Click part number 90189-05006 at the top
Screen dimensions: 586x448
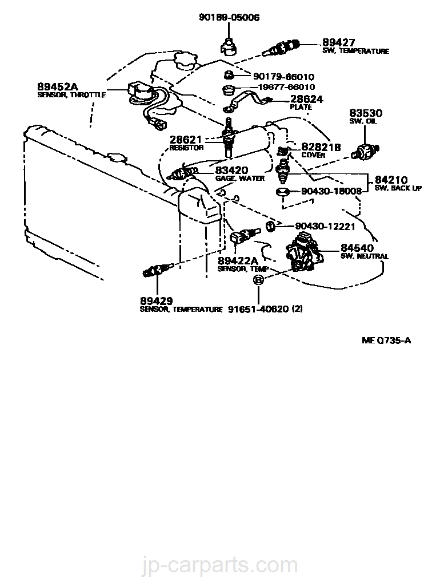tap(229, 18)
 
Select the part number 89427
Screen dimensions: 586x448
tap(338, 43)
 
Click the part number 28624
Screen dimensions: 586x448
tap(307, 99)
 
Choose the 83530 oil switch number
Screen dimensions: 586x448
tap(366, 113)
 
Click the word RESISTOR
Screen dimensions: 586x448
tap(186, 148)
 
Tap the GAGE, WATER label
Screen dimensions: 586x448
tap(239, 178)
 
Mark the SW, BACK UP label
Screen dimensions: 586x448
tap(398, 188)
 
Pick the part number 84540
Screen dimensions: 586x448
tap(357, 248)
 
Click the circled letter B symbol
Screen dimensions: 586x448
tap(258, 280)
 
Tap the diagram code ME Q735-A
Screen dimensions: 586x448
tap(386, 341)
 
